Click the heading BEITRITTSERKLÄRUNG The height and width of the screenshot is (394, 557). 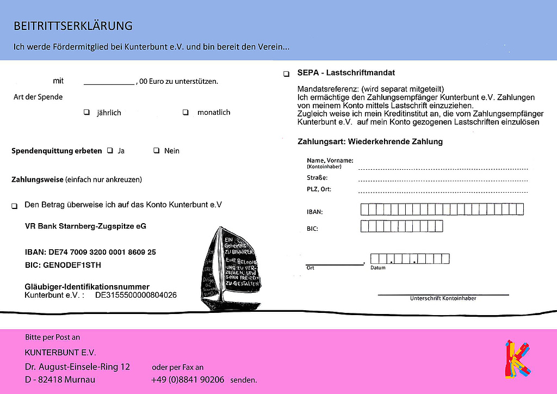tap(73, 26)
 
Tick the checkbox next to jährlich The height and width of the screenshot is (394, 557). tap(86, 113)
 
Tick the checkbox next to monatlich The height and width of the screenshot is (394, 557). tap(185, 113)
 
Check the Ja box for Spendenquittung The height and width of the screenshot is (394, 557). tap(110, 151)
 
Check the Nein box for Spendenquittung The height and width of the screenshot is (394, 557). tap(156, 151)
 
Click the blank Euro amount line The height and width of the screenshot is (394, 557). tap(109, 82)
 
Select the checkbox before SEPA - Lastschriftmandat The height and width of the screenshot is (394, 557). tap(286, 73)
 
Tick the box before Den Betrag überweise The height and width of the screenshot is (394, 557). tap(14, 206)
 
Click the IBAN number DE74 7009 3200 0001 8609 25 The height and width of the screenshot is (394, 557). tap(90, 252)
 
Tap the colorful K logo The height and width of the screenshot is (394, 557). tap(517, 359)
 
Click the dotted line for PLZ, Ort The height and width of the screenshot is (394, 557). tap(443, 191)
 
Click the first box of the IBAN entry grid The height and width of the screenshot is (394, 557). tap(364, 209)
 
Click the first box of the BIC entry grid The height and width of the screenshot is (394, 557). tap(364, 226)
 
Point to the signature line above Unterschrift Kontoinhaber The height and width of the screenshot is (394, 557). tap(443, 294)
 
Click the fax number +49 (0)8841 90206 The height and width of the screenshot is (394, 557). tap(188, 379)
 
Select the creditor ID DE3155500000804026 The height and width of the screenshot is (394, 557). tap(136, 295)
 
